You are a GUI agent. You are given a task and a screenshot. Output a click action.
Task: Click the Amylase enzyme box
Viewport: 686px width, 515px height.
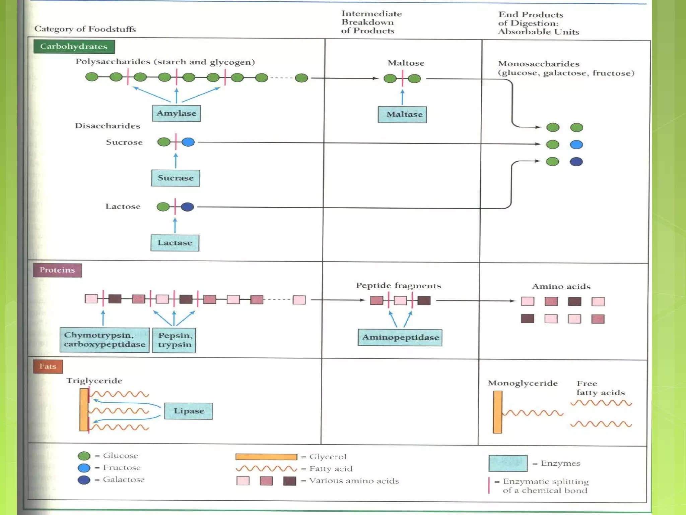[x=176, y=113]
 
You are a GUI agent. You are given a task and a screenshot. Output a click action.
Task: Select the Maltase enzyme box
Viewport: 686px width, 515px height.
[x=402, y=115]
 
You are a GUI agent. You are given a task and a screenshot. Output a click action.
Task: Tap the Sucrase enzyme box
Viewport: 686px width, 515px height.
[x=176, y=178]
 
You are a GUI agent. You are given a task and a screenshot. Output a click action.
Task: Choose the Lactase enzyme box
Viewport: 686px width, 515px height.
[x=175, y=243]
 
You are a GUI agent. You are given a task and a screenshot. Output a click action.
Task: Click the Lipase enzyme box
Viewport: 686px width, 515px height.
[x=188, y=411]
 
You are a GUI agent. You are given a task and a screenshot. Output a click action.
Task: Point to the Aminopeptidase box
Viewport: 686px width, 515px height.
[x=400, y=337]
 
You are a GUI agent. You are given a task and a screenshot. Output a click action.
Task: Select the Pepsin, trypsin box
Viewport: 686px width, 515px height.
[x=174, y=340]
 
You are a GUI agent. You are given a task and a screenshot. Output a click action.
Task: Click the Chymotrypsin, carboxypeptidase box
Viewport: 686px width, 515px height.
[x=105, y=340]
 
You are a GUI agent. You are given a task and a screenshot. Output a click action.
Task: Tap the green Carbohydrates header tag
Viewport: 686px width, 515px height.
[x=74, y=47]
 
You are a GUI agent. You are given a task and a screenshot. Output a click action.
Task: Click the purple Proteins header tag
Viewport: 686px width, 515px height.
[x=57, y=270]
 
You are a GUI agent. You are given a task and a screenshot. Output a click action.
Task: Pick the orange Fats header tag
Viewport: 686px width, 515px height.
[x=48, y=366]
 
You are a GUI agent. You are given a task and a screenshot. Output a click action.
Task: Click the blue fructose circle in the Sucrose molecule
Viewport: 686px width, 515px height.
[x=188, y=142]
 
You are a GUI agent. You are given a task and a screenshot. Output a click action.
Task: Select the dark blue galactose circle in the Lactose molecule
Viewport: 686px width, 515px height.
[x=187, y=207]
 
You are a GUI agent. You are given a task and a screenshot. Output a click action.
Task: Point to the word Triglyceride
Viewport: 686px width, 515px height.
[x=94, y=381]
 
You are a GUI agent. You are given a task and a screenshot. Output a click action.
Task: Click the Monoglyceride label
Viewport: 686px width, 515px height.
[x=523, y=383]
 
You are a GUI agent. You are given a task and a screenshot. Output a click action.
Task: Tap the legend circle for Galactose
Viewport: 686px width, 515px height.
[x=84, y=480]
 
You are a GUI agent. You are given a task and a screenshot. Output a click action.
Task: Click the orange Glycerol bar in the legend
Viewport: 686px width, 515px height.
[x=266, y=457]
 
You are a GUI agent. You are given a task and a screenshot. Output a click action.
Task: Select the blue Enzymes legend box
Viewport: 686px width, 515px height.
[x=508, y=463]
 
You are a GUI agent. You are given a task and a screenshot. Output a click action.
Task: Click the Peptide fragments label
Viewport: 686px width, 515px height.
[x=398, y=286]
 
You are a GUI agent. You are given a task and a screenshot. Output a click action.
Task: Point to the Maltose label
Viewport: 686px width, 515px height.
[x=406, y=63]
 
